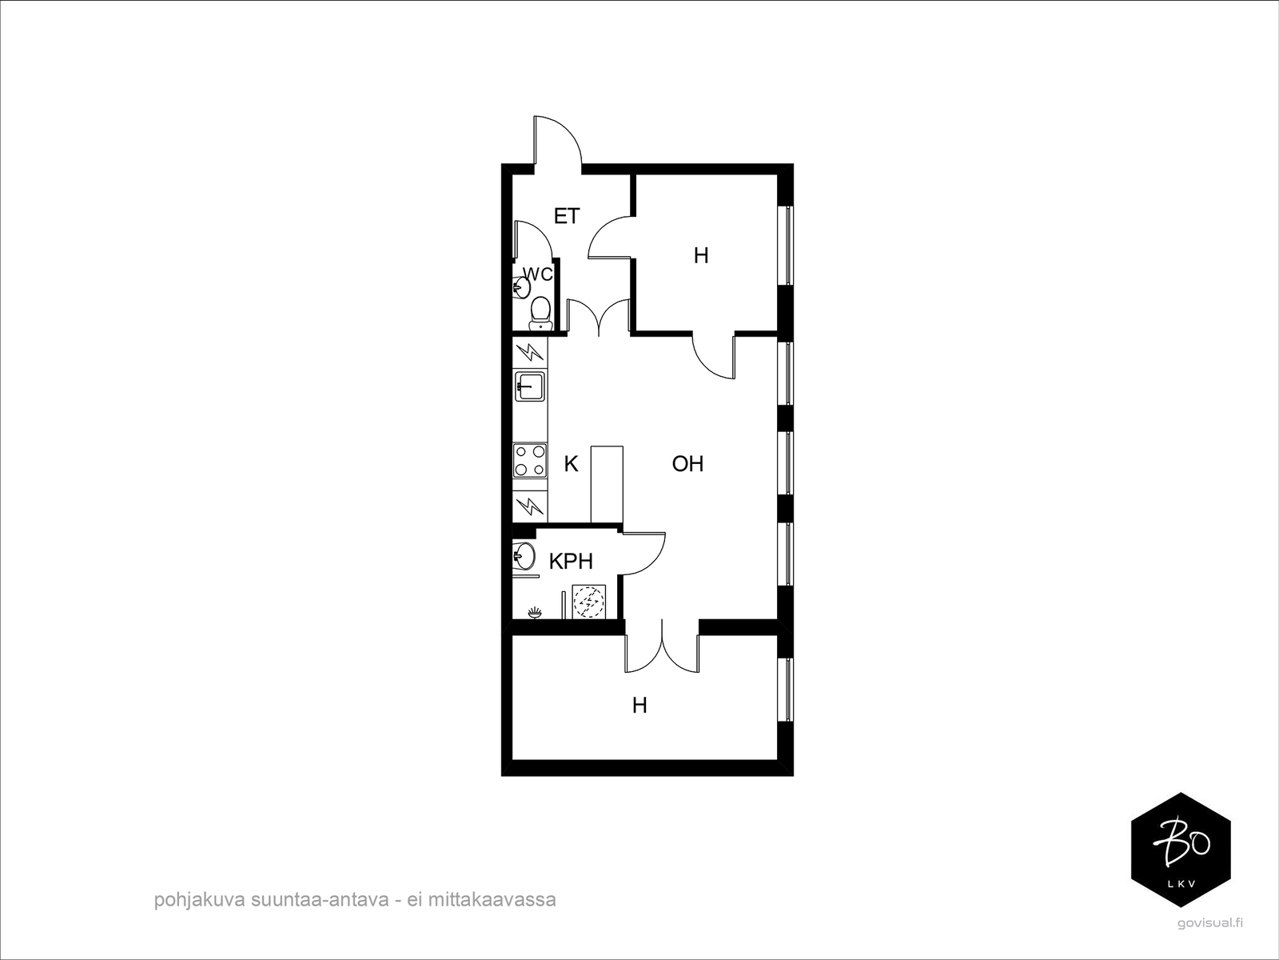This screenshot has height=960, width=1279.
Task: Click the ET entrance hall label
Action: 566,216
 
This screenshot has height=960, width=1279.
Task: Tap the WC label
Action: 538,274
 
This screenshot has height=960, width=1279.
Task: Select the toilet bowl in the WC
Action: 541,311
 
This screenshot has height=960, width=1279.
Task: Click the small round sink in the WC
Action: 521,286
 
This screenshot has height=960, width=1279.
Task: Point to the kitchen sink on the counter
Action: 529,386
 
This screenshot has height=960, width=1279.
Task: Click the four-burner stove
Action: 529,460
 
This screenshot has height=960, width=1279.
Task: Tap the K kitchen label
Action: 571,464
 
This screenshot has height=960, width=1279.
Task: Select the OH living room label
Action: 687,464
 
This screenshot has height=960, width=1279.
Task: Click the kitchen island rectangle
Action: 606,484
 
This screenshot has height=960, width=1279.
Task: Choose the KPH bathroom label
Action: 571,562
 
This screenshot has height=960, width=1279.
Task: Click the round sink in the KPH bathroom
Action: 524,554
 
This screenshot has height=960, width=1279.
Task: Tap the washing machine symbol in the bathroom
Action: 588,602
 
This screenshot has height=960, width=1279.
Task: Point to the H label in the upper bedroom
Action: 701,256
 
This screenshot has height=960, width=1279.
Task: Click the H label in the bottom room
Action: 639,706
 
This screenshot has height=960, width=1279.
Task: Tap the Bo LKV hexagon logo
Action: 1181,850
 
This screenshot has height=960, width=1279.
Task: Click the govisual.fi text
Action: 1210,923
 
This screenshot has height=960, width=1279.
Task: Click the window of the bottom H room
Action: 788,689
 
